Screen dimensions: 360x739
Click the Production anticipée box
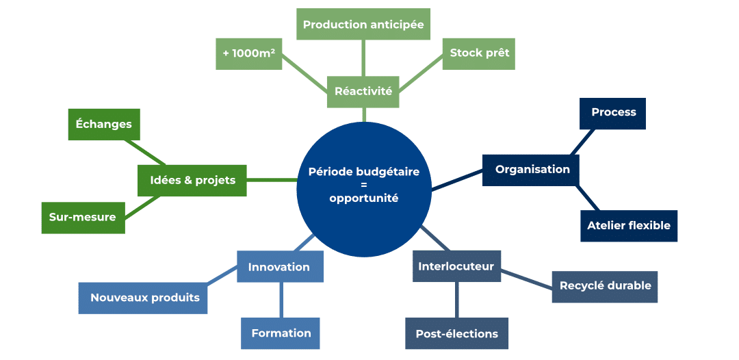coord(363,25)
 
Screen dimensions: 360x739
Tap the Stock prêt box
coord(479,53)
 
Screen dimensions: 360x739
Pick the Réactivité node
coord(363,91)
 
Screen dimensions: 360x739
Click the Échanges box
coord(104,124)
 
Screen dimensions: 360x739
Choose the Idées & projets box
coord(192,180)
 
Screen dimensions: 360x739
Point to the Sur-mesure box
coord(83,217)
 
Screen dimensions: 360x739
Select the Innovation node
coord(279,267)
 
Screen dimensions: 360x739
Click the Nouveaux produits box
coord(144,298)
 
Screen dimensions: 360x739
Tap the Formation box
coord(281,333)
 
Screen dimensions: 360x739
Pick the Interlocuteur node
coord(456,266)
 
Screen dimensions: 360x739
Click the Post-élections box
coord(456,334)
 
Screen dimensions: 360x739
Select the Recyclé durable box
coord(605,285)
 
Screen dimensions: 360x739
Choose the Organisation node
coord(532,169)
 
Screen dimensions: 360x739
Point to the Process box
coord(613,112)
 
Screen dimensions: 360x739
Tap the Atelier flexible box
coord(628,225)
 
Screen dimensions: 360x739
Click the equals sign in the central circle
coord(363,185)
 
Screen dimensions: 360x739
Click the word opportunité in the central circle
coord(363,198)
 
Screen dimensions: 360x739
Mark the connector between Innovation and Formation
coord(281,300)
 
